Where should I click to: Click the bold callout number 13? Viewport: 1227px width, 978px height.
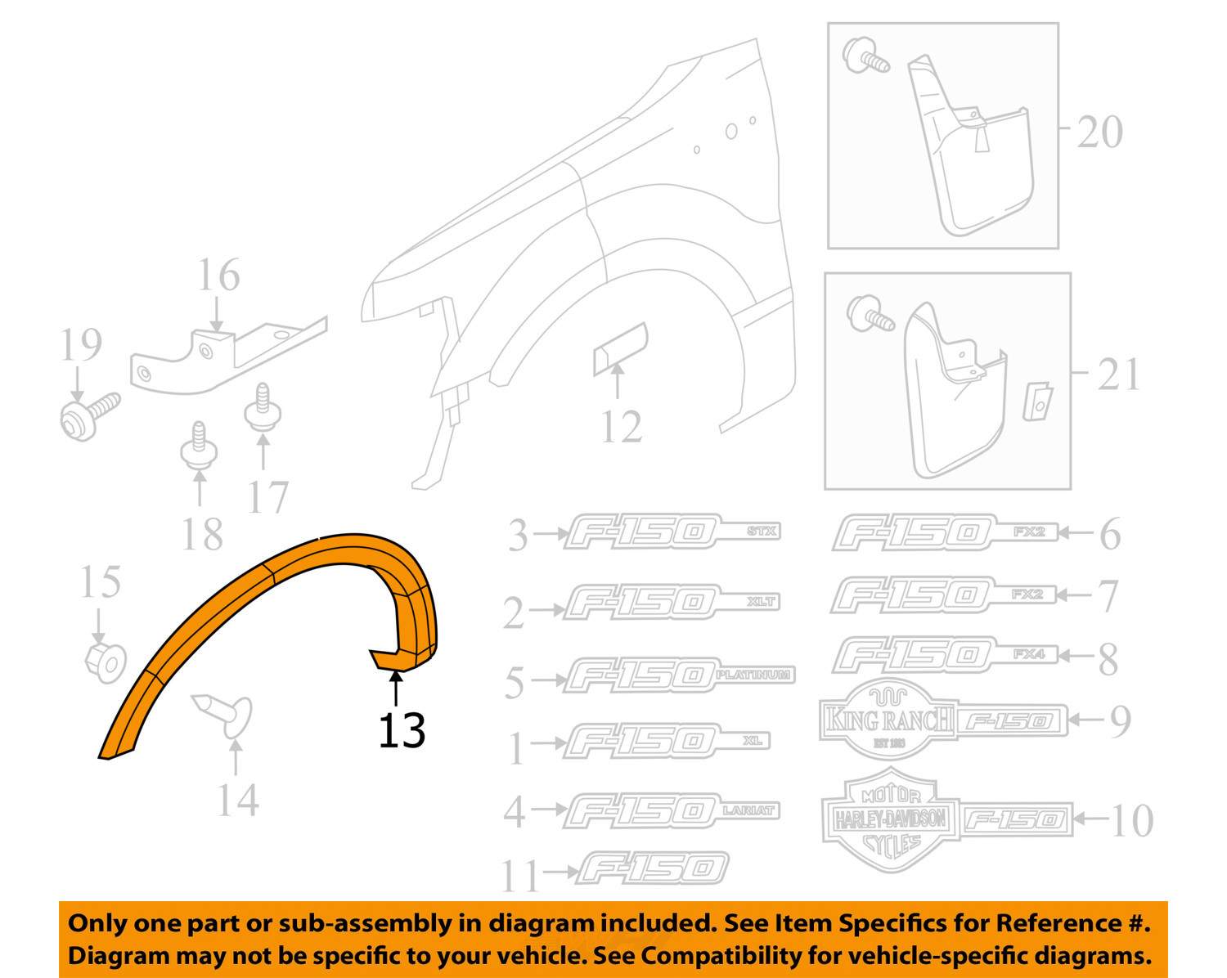tap(402, 730)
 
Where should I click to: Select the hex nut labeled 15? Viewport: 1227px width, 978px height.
tap(106, 661)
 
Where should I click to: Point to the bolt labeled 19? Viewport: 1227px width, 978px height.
tap(88, 415)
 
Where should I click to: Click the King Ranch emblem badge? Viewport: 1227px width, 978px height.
tap(886, 720)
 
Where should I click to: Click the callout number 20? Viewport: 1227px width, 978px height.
tap(1099, 132)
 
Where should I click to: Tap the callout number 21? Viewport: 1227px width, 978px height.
tap(1118, 375)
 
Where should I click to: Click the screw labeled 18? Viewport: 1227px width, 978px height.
tap(199, 446)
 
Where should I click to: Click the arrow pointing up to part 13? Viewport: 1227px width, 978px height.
tap(397, 689)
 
